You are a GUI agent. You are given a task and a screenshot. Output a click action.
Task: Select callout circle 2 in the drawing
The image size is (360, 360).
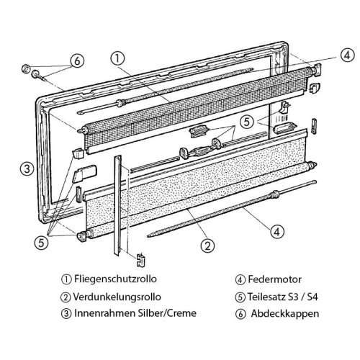[x=206, y=246]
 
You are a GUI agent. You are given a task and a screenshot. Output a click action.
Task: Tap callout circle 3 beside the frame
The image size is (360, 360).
[x=25, y=170]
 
